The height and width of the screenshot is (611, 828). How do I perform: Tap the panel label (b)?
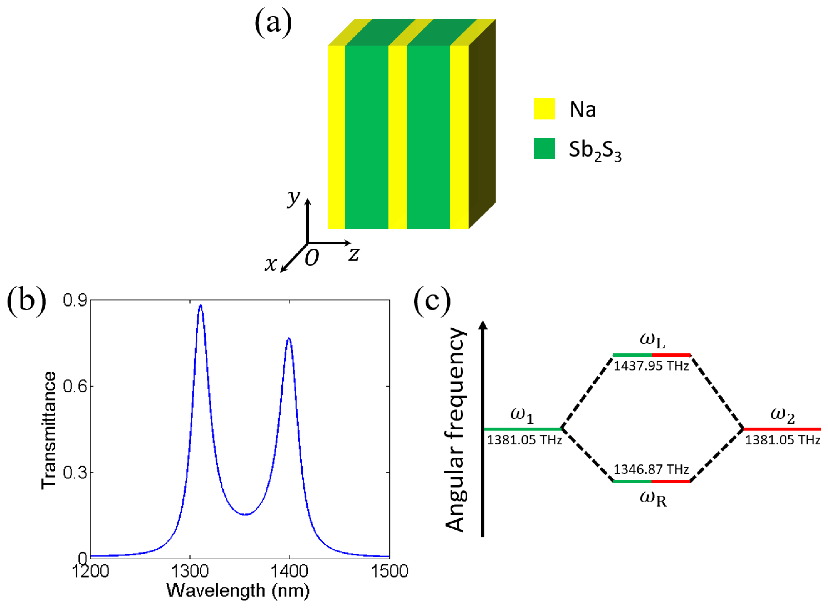[x=27, y=300]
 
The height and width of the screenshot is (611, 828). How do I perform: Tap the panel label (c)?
[x=432, y=300]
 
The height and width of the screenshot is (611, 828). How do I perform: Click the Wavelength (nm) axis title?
[x=238, y=591]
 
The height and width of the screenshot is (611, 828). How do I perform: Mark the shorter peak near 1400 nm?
[x=289, y=338]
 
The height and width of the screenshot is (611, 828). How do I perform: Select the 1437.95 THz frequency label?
[x=651, y=366]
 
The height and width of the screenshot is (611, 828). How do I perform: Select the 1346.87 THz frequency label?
[x=651, y=469]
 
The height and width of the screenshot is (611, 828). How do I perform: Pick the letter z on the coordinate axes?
[x=354, y=254]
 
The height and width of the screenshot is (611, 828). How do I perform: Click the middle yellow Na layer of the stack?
[x=398, y=137]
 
